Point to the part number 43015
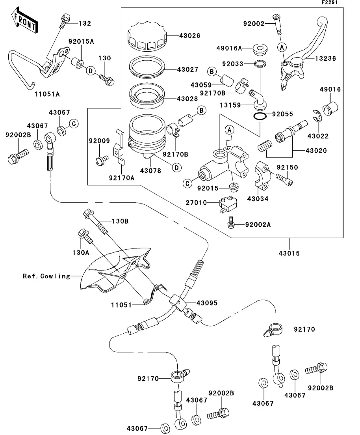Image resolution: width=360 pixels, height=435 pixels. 289,253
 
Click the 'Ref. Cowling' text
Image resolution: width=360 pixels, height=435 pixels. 46,276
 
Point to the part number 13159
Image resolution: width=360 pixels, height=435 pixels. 232,105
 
